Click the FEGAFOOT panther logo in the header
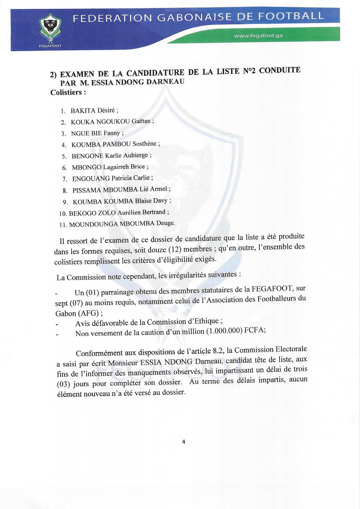51,28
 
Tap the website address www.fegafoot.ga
258,36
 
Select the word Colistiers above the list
66,93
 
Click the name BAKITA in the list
83,111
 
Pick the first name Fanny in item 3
112,133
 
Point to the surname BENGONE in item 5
87,156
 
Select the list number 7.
65,179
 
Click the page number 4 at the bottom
183,442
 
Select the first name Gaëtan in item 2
141,121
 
